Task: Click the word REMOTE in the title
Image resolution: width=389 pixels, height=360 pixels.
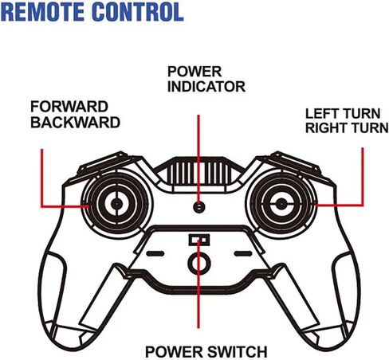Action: (x=43, y=12)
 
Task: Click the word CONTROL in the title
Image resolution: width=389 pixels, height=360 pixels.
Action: (x=138, y=12)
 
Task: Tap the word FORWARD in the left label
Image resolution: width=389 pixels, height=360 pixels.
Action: (x=69, y=107)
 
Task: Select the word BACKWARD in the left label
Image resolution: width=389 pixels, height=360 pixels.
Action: (x=76, y=123)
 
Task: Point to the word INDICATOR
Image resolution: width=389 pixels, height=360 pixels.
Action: (x=206, y=87)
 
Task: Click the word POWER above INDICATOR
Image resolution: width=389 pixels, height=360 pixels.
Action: (x=194, y=72)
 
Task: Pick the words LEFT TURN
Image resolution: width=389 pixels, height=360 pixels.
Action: (x=343, y=114)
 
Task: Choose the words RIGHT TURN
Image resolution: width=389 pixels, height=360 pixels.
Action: (x=347, y=128)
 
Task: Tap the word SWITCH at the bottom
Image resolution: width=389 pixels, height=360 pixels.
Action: (x=238, y=352)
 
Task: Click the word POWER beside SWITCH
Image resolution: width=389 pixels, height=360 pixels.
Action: (x=175, y=352)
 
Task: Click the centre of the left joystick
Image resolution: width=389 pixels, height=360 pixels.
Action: (x=116, y=204)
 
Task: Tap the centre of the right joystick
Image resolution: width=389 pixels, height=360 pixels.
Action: (x=281, y=204)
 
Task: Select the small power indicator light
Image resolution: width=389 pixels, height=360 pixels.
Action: (x=199, y=206)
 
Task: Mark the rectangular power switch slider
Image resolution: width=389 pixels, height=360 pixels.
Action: (x=198, y=240)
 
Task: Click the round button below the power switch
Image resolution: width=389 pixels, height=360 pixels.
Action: (x=199, y=264)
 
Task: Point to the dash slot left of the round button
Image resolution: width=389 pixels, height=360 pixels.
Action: (x=155, y=253)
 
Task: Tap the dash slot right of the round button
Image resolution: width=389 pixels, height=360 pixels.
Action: (x=243, y=253)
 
